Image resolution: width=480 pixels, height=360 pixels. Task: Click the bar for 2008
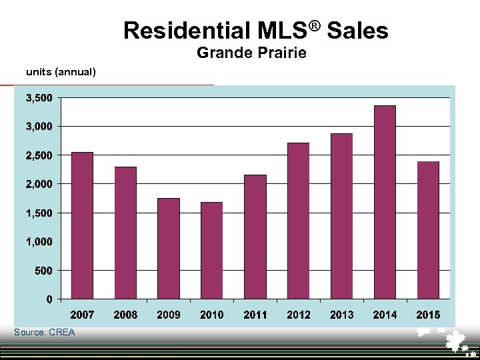(x=125, y=233)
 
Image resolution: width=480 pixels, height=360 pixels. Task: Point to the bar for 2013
(x=341, y=216)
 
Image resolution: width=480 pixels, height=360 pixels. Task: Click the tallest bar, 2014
(x=385, y=202)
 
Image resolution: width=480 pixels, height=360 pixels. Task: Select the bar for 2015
(x=428, y=230)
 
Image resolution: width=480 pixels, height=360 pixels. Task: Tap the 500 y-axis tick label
(x=45, y=270)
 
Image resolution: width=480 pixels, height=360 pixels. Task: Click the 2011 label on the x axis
(x=255, y=315)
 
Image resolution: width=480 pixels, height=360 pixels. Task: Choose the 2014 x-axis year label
(x=385, y=315)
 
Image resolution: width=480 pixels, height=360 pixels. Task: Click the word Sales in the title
(x=357, y=31)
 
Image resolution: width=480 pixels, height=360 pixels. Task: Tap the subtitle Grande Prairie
(x=252, y=53)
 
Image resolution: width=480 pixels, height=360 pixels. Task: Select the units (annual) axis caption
(x=61, y=71)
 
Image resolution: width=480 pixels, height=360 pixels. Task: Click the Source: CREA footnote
(x=45, y=332)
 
